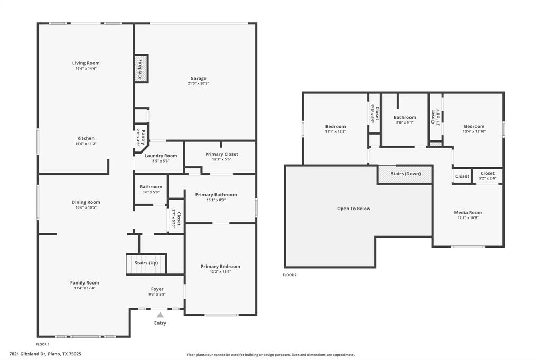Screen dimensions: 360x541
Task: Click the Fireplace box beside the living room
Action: pos(141,69)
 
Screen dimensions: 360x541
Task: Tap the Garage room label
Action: pos(199,78)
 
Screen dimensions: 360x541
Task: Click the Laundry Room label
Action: pos(161,156)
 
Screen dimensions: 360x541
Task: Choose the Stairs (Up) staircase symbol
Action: pos(146,263)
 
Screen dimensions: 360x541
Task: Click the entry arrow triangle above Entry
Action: pos(160,315)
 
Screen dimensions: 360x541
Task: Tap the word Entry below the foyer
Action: pos(160,323)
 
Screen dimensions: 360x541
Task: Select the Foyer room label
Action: pos(157,289)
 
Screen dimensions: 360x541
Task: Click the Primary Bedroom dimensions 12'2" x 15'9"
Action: pos(220,272)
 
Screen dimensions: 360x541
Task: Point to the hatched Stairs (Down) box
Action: pos(405,174)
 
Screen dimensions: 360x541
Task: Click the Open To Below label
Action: pos(354,209)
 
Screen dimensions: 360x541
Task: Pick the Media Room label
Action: pos(468,213)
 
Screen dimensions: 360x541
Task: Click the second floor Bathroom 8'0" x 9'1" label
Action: pos(405,120)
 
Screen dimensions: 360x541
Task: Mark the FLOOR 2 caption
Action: pos(290,274)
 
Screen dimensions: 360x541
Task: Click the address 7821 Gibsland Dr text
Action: pos(45,354)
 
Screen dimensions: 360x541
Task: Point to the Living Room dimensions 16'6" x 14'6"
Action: pos(86,68)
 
